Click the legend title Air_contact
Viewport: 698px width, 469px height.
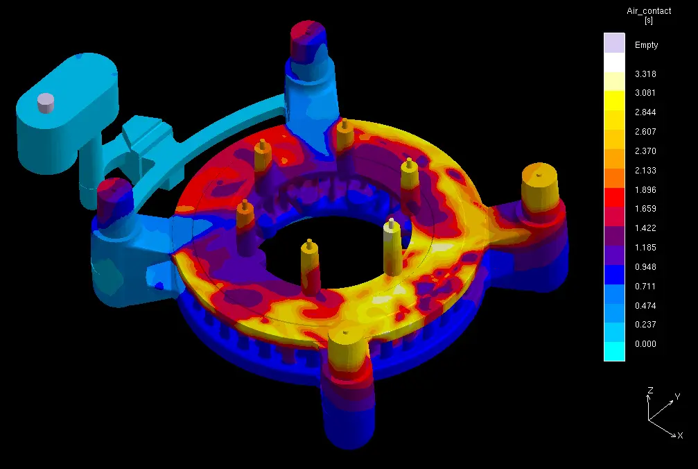(x=649, y=11)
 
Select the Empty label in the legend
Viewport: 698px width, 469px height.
(x=647, y=45)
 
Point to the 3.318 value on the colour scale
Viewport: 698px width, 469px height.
(x=645, y=74)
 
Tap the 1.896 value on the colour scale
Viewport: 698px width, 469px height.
(x=645, y=189)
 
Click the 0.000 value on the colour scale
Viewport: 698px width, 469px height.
(x=645, y=344)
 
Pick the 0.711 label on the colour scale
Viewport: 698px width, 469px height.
(x=645, y=286)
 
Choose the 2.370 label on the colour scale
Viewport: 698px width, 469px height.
(x=645, y=151)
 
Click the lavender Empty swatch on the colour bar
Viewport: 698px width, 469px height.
(x=614, y=43)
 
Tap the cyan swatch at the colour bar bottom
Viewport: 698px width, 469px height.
(x=614, y=352)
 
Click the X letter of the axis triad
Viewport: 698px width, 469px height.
(x=680, y=436)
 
